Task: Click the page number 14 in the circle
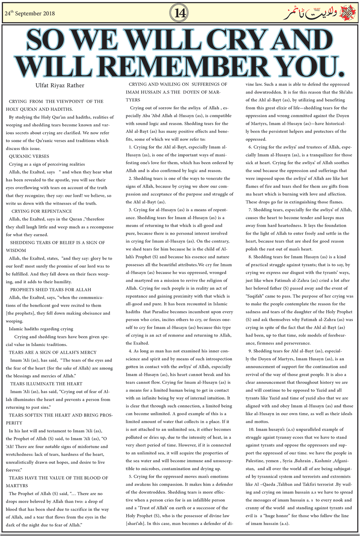pyautogui.click(x=180, y=13)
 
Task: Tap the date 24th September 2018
pyautogui.click(x=30, y=14)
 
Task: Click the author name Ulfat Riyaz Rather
pyautogui.click(x=60, y=86)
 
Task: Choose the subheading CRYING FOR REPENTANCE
pyautogui.click(x=41, y=211)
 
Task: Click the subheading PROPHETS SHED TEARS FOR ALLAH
pyautogui.click(x=50, y=290)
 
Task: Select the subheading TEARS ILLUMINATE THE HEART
pyautogui.click(x=46, y=384)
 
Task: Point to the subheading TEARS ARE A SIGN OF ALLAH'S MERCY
pyautogui.click(x=53, y=353)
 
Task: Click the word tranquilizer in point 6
pyautogui.click(x=325, y=155)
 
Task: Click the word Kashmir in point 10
pyautogui.click(x=323, y=461)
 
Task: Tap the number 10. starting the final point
pyautogui.click(x=251, y=430)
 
